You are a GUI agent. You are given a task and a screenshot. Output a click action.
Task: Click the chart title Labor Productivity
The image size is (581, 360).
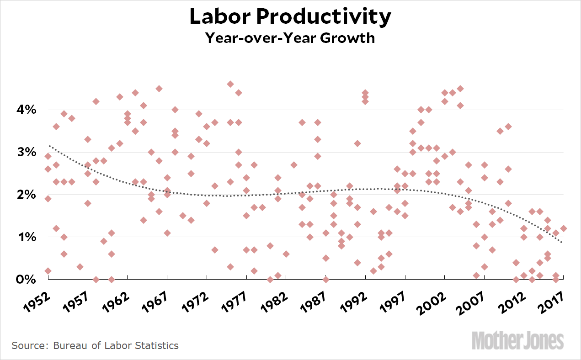290,17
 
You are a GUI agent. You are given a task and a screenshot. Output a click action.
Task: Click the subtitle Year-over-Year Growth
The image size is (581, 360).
290,37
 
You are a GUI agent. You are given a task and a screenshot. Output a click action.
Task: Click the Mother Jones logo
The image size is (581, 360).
517,341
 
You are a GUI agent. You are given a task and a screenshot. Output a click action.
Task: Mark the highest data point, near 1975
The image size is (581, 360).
230,84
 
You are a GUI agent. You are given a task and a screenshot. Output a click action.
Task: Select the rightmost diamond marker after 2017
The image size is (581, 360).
564,228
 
